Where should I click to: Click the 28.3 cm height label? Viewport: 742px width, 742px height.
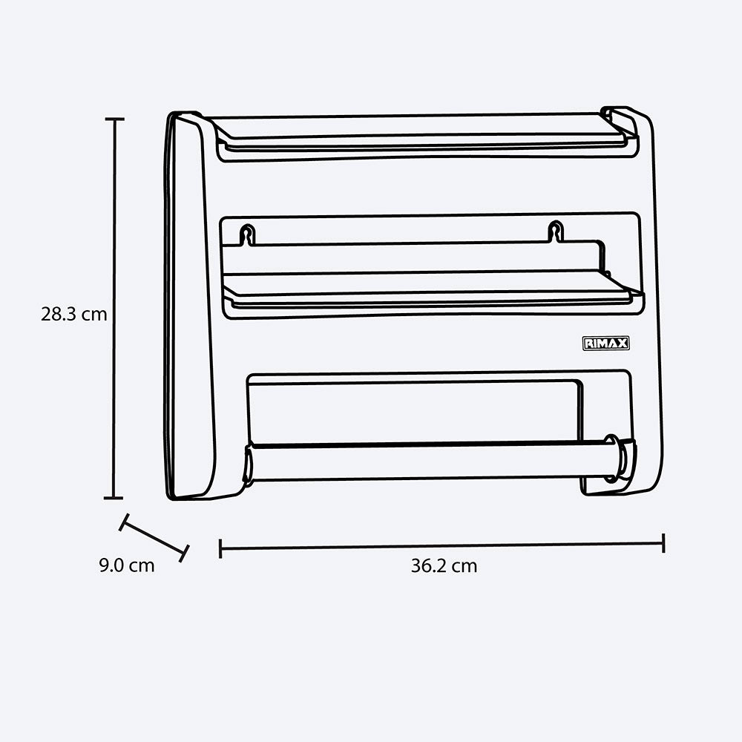click(x=73, y=314)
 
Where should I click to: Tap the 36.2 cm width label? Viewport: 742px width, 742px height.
click(x=444, y=566)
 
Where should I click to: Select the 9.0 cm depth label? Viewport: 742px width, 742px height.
click(x=127, y=565)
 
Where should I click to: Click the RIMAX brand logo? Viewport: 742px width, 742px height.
click(x=605, y=344)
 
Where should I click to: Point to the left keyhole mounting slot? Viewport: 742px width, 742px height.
click(x=247, y=234)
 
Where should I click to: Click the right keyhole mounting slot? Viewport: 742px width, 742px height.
click(x=556, y=232)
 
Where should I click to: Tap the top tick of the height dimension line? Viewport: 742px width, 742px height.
click(x=114, y=119)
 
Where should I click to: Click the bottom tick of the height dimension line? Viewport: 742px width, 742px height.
click(x=114, y=498)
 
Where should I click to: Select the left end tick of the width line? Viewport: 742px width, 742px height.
click(x=220, y=548)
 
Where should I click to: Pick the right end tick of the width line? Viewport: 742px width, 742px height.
click(x=663, y=543)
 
